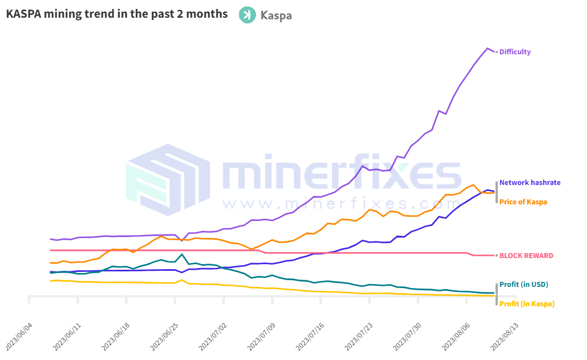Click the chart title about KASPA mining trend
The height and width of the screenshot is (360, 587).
click(117, 14)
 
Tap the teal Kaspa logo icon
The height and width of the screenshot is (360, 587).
click(247, 15)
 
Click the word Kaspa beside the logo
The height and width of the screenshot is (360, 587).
click(276, 16)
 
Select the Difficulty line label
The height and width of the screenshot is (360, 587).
click(515, 52)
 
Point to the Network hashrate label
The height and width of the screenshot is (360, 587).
click(530, 182)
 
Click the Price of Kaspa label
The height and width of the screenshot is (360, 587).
click(523, 202)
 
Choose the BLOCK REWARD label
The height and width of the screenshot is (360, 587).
click(526, 256)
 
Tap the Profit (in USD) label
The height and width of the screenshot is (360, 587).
click(524, 285)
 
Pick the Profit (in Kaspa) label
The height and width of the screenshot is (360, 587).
click(527, 304)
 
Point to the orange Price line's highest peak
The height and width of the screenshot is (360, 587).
click(473, 185)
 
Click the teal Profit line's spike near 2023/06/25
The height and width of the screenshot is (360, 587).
click(182, 254)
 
